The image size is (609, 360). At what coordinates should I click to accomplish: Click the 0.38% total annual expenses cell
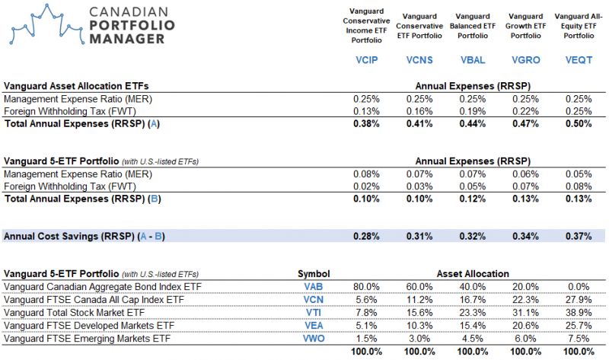[365, 123]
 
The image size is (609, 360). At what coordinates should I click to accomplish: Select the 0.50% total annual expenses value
[578, 123]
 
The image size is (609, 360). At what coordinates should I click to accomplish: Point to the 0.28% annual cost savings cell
[365, 236]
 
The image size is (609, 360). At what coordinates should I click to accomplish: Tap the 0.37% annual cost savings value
[578, 236]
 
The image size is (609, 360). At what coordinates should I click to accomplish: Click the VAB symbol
[313, 287]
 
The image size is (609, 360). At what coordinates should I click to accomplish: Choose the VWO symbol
[313, 339]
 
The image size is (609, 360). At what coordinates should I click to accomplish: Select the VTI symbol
[313, 313]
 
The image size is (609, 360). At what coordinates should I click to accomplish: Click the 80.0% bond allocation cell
[366, 287]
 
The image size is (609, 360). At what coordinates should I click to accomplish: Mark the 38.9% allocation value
[579, 313]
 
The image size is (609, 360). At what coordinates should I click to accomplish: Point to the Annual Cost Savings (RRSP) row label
[84, 236]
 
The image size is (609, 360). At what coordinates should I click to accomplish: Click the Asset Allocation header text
[472, 274]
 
